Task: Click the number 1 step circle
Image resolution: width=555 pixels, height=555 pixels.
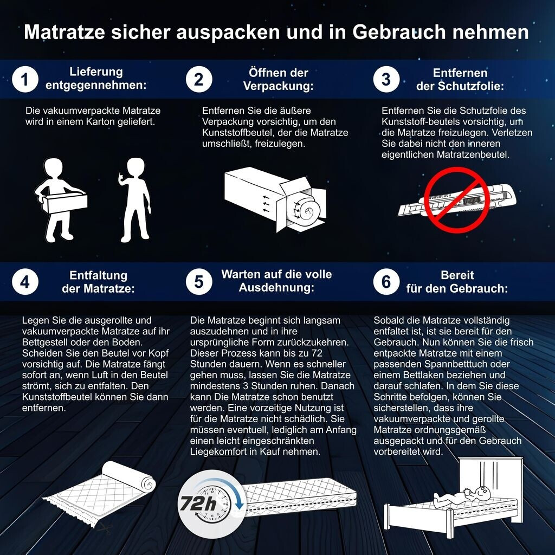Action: [25, 79]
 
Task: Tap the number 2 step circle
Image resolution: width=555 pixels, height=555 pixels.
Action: [199, 79]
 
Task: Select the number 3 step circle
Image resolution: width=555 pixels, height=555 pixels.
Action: [386, 79]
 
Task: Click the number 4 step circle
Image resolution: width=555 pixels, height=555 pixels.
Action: [25, 282]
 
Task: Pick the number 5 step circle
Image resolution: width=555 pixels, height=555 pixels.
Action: [199, 282]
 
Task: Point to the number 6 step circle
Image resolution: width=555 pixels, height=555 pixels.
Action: [386, 282]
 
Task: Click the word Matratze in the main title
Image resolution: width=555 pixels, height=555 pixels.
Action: [64, 32]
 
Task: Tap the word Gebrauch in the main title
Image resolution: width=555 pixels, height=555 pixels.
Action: [398, 32]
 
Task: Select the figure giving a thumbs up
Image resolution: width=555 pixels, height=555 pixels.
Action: [135, 200]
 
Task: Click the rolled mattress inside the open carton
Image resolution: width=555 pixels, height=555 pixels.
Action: [304, 208]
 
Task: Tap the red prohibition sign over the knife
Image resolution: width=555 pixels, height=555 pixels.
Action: [457, 200]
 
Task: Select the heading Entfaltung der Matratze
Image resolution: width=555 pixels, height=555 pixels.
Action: [99, 282]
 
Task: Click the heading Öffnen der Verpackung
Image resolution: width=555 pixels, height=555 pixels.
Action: [278, 79]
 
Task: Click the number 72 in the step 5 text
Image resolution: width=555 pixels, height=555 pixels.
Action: [317, 353]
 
